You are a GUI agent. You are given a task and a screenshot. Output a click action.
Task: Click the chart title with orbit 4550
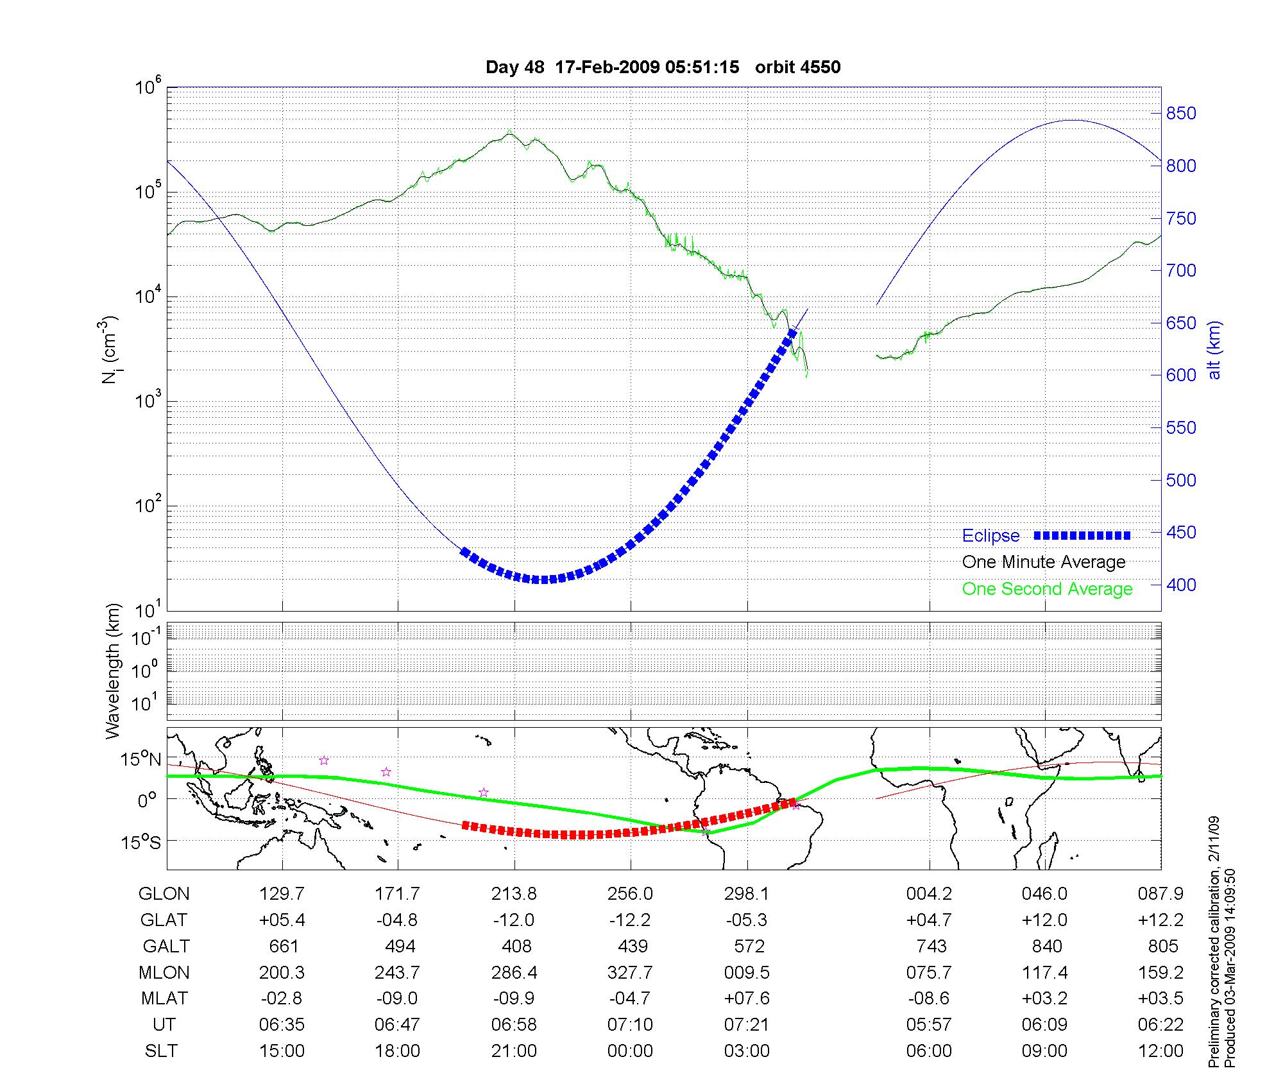point(663,67)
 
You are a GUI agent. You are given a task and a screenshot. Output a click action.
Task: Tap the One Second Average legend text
point(1047,589)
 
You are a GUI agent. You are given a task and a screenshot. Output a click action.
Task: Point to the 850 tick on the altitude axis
point(1180,114)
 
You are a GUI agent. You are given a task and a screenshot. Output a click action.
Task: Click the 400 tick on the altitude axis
point(1180,585)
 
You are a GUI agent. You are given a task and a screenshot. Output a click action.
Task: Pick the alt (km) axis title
point(1214,350)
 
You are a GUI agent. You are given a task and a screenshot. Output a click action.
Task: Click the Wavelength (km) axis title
point(113,671)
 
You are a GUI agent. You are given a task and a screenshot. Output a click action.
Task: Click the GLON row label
point(164,894)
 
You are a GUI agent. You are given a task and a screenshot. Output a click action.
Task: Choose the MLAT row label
point(164,999)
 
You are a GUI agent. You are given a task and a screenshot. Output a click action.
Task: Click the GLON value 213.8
point(514,894)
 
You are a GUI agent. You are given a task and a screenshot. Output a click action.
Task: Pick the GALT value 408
point(516,947)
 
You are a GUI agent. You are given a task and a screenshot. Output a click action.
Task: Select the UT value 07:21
point(746,1025)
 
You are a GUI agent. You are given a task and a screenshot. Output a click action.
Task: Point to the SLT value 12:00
point(1160,1051)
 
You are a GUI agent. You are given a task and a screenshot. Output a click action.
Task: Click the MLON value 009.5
point(747,973)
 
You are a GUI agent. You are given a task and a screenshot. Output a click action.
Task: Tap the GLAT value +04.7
point(928,920)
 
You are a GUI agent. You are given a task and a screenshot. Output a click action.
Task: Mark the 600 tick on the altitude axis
point(1180,375)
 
